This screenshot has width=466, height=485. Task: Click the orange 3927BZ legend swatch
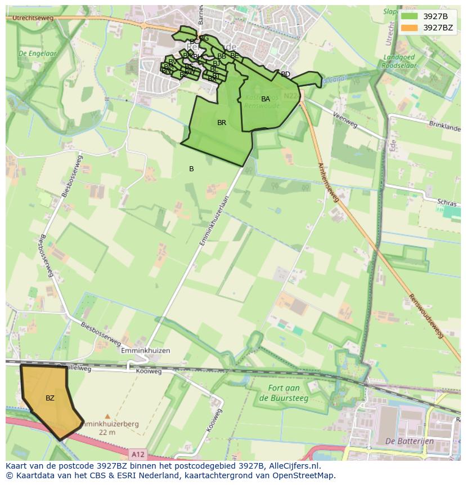(409, 28)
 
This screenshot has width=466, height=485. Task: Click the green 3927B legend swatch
(409, 16)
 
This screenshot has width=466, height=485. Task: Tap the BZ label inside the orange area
(50, 398)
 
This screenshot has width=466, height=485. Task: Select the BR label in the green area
(222, 123)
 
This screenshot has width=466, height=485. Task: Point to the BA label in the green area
(266, 99)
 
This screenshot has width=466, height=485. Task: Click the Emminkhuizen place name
(145, 350)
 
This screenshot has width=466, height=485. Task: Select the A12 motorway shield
(138, 453)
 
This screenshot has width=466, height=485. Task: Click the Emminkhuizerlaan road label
(216, 220)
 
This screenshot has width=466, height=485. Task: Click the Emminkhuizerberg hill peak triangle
(107, 417)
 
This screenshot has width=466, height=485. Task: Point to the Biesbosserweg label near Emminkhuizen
(100, 333)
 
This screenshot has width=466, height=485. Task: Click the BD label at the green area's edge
(285, 74)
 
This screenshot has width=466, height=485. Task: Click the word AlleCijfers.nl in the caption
(294, 466)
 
